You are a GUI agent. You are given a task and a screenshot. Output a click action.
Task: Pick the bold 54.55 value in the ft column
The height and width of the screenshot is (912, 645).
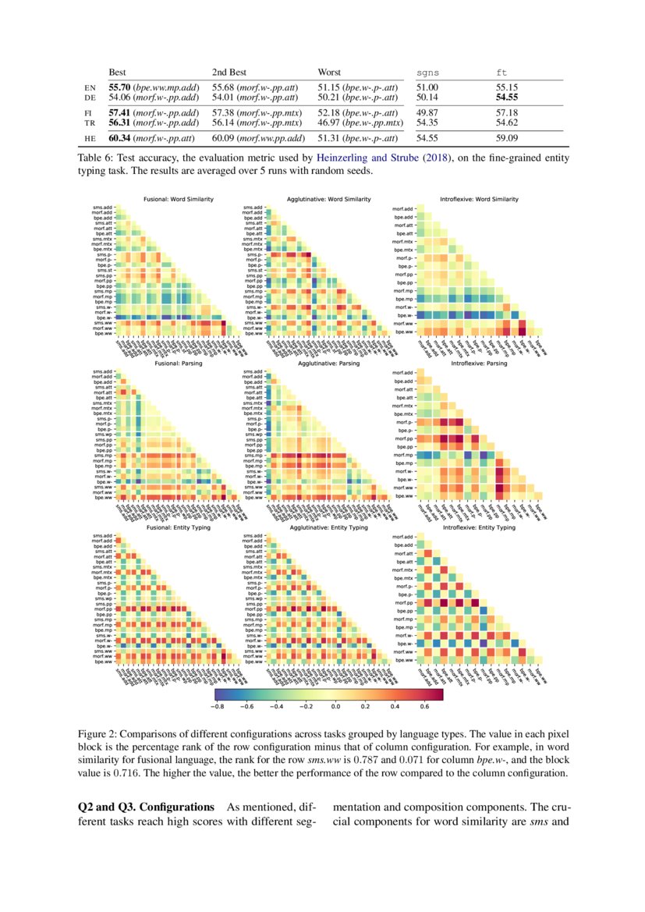[508, 98]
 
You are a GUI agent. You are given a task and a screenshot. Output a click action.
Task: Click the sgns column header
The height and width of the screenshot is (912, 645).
[427, 73]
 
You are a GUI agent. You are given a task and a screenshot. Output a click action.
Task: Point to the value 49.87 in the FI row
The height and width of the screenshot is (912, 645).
[427, 113]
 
